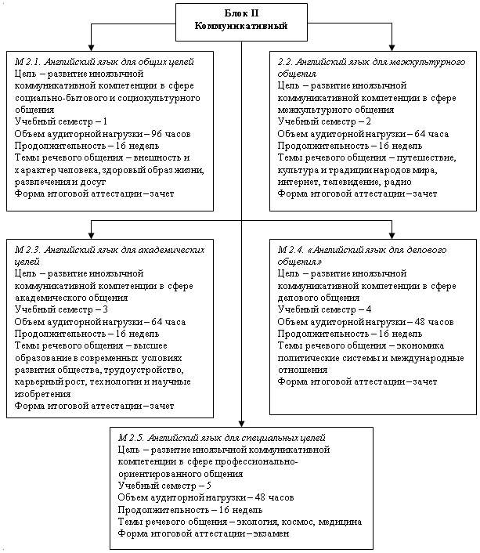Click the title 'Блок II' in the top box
pyautogui.click(x=241, y=13)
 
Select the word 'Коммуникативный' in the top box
pyautogui.click(x=241, y=26)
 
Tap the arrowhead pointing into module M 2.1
pyautogui.click(x=92, y=48)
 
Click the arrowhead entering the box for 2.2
pyautogui.click(x=392, y=48)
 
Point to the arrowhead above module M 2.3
pyautogui.click(x=92, y=236)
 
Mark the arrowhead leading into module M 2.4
pyautogui.click(x=392, y=236)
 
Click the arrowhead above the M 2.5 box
pyautogui.click(x=241, y=424)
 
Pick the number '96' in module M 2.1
pyautogui.click(x=157, y=134)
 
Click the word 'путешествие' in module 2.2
pyautogui.click(x=426, y=158)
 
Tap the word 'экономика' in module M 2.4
pyautogui.click(x=420, y=345)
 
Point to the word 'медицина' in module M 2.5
pyautogui.click(x=340, y=522)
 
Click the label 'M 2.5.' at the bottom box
pyautogui.click(x=131, y=438)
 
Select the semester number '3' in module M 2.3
pyautogui.click(x=105, y=309)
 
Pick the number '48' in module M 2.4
pyautogui.click(x=420, y=322)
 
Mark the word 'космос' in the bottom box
pyautogui.click(x=299, y=522)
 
